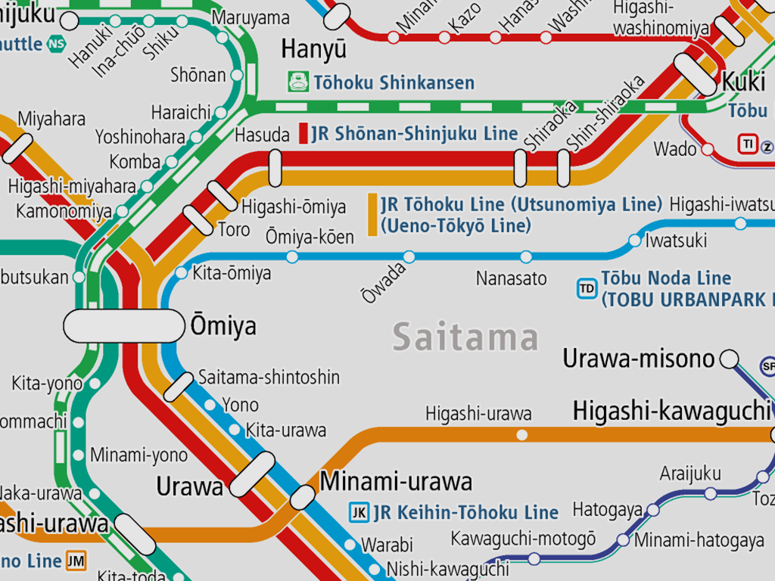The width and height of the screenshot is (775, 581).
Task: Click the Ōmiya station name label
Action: point(223,326)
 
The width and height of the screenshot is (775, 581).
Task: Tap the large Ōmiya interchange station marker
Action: point(123,326)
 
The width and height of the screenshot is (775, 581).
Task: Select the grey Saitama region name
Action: point(465,337)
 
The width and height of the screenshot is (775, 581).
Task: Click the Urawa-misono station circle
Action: point(729,359)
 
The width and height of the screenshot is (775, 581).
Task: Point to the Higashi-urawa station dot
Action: point(521,434)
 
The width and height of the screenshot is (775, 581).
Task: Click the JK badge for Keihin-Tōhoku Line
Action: point(359,512)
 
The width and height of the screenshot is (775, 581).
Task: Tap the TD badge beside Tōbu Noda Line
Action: point(587,288)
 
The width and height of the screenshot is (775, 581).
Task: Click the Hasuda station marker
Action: point(275,167)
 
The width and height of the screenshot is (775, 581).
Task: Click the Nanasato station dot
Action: point(526,256)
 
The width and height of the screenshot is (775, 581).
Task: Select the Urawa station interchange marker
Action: point(252,474)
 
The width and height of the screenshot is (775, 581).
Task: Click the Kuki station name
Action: point(743,81)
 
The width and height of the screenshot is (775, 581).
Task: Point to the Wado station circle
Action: point(708,149)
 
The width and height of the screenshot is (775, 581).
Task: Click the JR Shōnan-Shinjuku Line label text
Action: point(414,134)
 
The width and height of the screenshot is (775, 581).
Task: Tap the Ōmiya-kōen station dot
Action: point(292,256)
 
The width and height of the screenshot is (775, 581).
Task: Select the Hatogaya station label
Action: point(607,510)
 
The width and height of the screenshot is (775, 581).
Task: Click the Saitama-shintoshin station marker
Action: point(179,387)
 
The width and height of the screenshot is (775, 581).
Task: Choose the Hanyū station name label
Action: point(313,49)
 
